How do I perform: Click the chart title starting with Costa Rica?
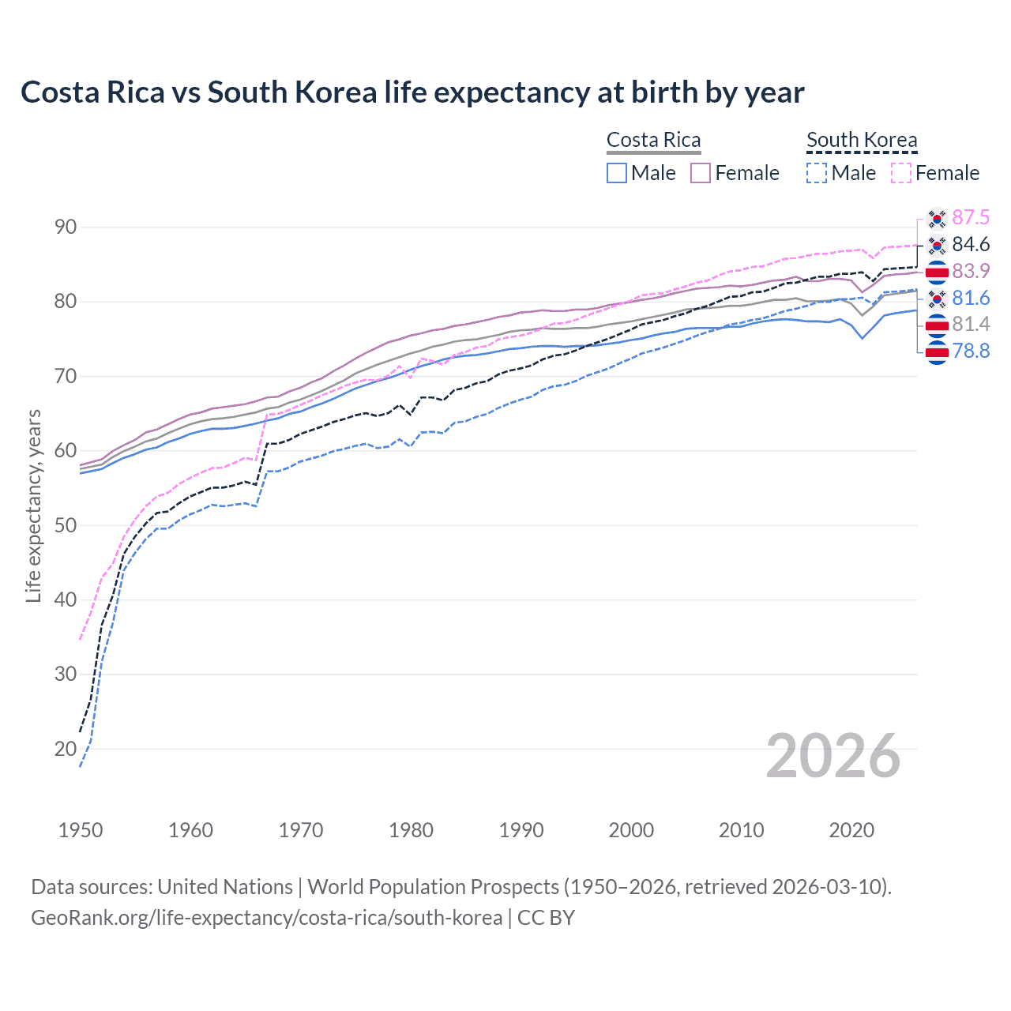pos(412,92)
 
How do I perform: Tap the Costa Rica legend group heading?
pos(653,140)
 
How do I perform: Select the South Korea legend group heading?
pos(862,140)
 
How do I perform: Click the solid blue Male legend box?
pos(617,173)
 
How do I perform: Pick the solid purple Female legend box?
pos(701,173)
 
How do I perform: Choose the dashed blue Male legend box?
pos(817,173)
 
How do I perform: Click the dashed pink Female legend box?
pos(900,173)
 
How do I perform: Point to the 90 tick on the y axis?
pos(66,227)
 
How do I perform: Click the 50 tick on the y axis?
pos(66,525)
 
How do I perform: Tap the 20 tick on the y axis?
pos(66,749)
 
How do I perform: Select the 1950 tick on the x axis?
pos(81,830)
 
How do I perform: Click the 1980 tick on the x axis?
pos(411,830)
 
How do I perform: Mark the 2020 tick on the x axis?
pos(851,830)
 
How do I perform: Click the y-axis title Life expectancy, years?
pos(33,505)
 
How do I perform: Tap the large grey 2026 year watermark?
pos(832,756)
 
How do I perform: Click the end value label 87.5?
pos(971,217)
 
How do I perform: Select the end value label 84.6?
pos(971,244)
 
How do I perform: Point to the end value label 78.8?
pos(971,351)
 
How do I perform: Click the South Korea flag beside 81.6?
pos(937,298)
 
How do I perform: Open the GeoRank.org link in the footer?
pos(266,918)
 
